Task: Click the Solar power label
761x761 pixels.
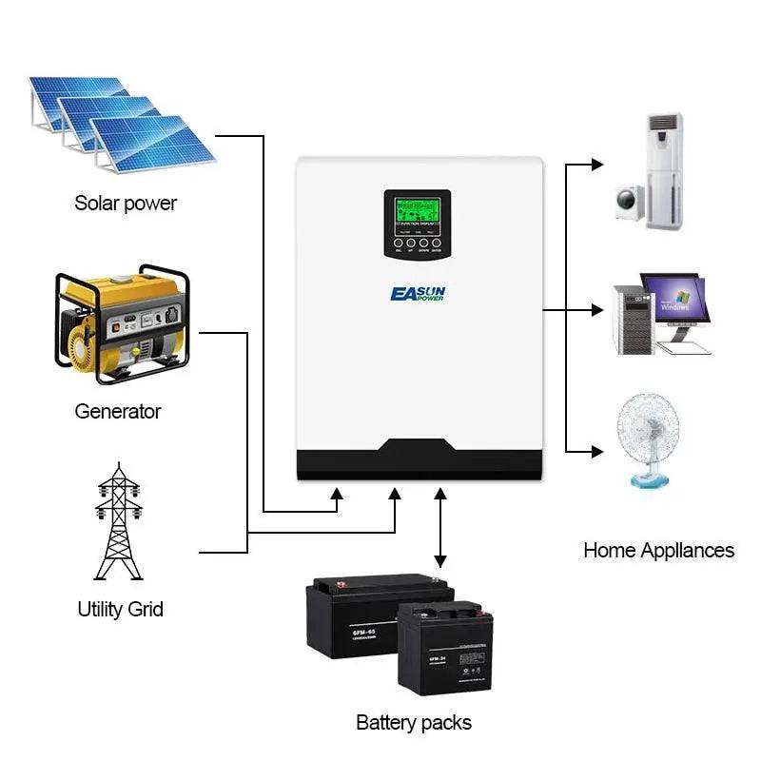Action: (x=126, y=203)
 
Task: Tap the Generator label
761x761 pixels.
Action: (x=118, y=412)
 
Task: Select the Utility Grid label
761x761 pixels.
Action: (x=120, y=609)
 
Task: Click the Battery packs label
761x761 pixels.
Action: (x=413, y=723)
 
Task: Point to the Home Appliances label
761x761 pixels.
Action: (x=658, y=550)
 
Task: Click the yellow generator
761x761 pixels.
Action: (x=122, y=323)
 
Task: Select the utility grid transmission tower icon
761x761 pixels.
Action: (x=119, y=523)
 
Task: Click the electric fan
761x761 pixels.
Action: (x=651, y=438)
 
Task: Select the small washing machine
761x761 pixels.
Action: (x=629, y=200)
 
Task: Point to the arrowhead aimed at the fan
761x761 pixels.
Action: (x=596, y=449)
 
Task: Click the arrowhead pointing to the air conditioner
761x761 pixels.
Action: (x=596, y=165)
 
